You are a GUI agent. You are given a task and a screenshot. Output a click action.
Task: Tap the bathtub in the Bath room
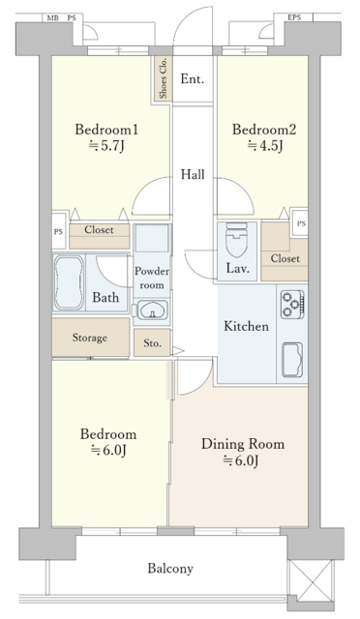[x=69, y=282]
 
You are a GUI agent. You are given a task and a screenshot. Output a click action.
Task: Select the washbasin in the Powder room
[x=152, y=309]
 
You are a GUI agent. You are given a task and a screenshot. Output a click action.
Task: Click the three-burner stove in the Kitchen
[x=292, y=305]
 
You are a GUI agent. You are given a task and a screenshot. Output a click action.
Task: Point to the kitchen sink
[x=292, y=360]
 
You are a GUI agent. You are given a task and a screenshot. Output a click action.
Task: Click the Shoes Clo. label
[x=163, y=78]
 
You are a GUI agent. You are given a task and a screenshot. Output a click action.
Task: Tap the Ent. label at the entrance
[x=192, y=79]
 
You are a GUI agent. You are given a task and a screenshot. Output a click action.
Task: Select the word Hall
[x=193, y=174]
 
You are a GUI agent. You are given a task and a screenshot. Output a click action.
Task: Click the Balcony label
[x=170, y=569]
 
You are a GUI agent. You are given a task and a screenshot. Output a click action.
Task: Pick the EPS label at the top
[x=294, y=17]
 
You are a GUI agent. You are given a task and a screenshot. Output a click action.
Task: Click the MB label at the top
[x=52, y=18]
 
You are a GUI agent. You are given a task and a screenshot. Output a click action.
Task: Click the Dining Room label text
[x=243, y=444]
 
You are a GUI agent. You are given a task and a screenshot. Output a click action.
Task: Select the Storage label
[x=90, y=338]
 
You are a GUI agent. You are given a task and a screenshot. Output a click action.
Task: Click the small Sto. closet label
[x=152, y=343]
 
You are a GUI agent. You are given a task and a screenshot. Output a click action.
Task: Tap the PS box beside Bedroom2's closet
[x=301, y=223]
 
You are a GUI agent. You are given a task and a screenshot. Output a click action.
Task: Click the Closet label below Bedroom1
[x=99, y=230]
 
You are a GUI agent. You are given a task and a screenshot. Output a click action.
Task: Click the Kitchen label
[x=246, y=326]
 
